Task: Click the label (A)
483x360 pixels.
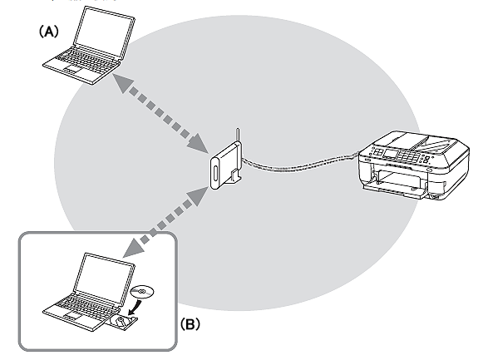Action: [x=49, y=32]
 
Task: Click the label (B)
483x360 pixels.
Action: [x=190, y=323]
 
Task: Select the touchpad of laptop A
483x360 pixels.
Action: [x=72, y=69]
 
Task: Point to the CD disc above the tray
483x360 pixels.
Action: [x=142, y=291]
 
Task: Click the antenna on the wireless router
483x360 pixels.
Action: [x=238, y=136]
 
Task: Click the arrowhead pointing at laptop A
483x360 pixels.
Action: [x=122, y=82]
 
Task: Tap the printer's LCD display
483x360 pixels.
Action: [x=390, y=153]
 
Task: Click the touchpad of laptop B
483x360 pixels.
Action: [x=72, y=315]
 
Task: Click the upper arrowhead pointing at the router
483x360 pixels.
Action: [x=198, y=143]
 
